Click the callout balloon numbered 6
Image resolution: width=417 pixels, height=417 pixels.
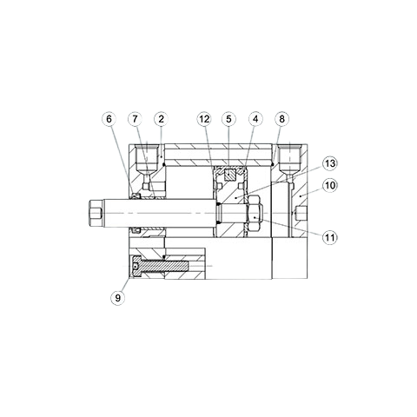click(x=109, y=118)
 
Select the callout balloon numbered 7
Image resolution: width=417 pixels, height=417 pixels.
click(x=136, y=118)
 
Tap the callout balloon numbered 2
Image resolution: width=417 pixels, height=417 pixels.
click(x=161, y=118)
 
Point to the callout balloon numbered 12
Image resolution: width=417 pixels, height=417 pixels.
click(x=203, y=118)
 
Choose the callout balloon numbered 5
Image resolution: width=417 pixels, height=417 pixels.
click(x=228, y=118)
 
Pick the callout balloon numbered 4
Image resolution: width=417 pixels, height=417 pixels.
click(x=255, y=118)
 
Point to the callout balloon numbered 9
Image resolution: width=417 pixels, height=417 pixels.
click(x=118, y=298)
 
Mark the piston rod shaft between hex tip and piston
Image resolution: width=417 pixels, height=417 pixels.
click(x=174, y=211)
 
